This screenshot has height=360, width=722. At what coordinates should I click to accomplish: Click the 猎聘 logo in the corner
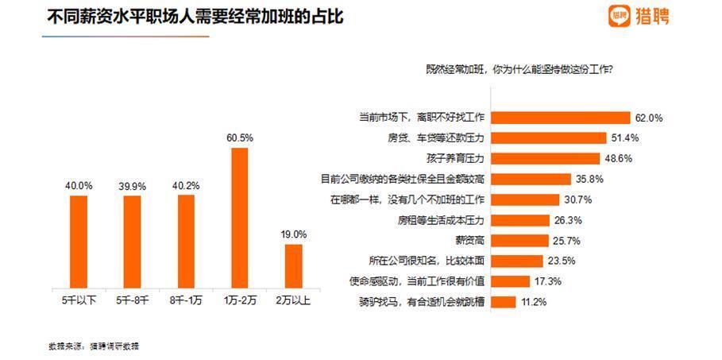tap(639, 16)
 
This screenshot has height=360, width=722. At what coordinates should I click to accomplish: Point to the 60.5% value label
tap(240, 137)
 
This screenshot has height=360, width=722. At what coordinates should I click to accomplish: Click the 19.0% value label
tap(293, 234)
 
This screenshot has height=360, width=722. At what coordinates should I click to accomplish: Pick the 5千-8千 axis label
tap(132, 300)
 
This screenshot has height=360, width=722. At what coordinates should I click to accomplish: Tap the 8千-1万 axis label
tap(186, 300)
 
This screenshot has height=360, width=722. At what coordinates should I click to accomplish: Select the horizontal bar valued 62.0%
tap(561, 118)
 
